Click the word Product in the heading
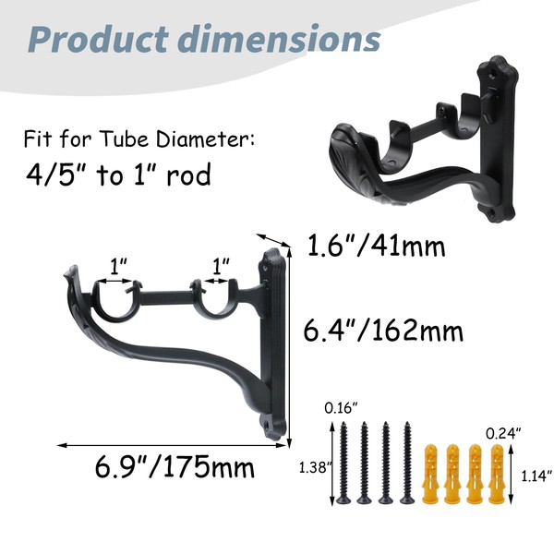pos(98,40)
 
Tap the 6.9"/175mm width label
pos(175,466)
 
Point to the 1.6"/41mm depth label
pos(377,246)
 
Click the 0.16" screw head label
pos(342,408)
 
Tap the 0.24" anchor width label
pos(503,433)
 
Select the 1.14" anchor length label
pos(536,476)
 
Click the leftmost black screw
pos(343,463)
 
